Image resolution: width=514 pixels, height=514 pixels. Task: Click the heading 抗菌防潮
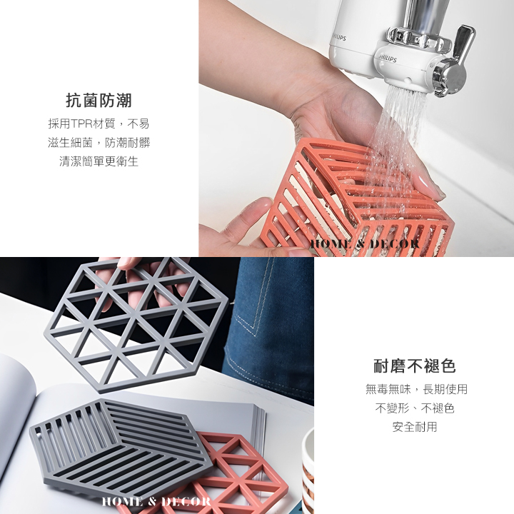coord(99,101)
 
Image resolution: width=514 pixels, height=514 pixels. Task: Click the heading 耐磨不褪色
coord(415,366)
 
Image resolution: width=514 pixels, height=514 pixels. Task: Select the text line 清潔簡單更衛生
coord(99,161)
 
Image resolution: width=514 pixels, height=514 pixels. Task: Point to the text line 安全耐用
coord(415,427)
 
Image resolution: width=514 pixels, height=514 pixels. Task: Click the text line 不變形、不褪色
coord(415,408)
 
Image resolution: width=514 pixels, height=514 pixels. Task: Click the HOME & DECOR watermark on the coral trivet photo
coord(365,244)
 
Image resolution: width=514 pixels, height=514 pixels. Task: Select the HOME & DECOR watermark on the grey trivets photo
coord(156,501)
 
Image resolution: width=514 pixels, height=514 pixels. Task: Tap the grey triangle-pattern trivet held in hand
coord(136,325)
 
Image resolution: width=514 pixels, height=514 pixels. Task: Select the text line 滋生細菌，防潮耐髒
coord(99,143)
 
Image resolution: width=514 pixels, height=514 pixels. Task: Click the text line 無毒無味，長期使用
coord(416,389)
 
